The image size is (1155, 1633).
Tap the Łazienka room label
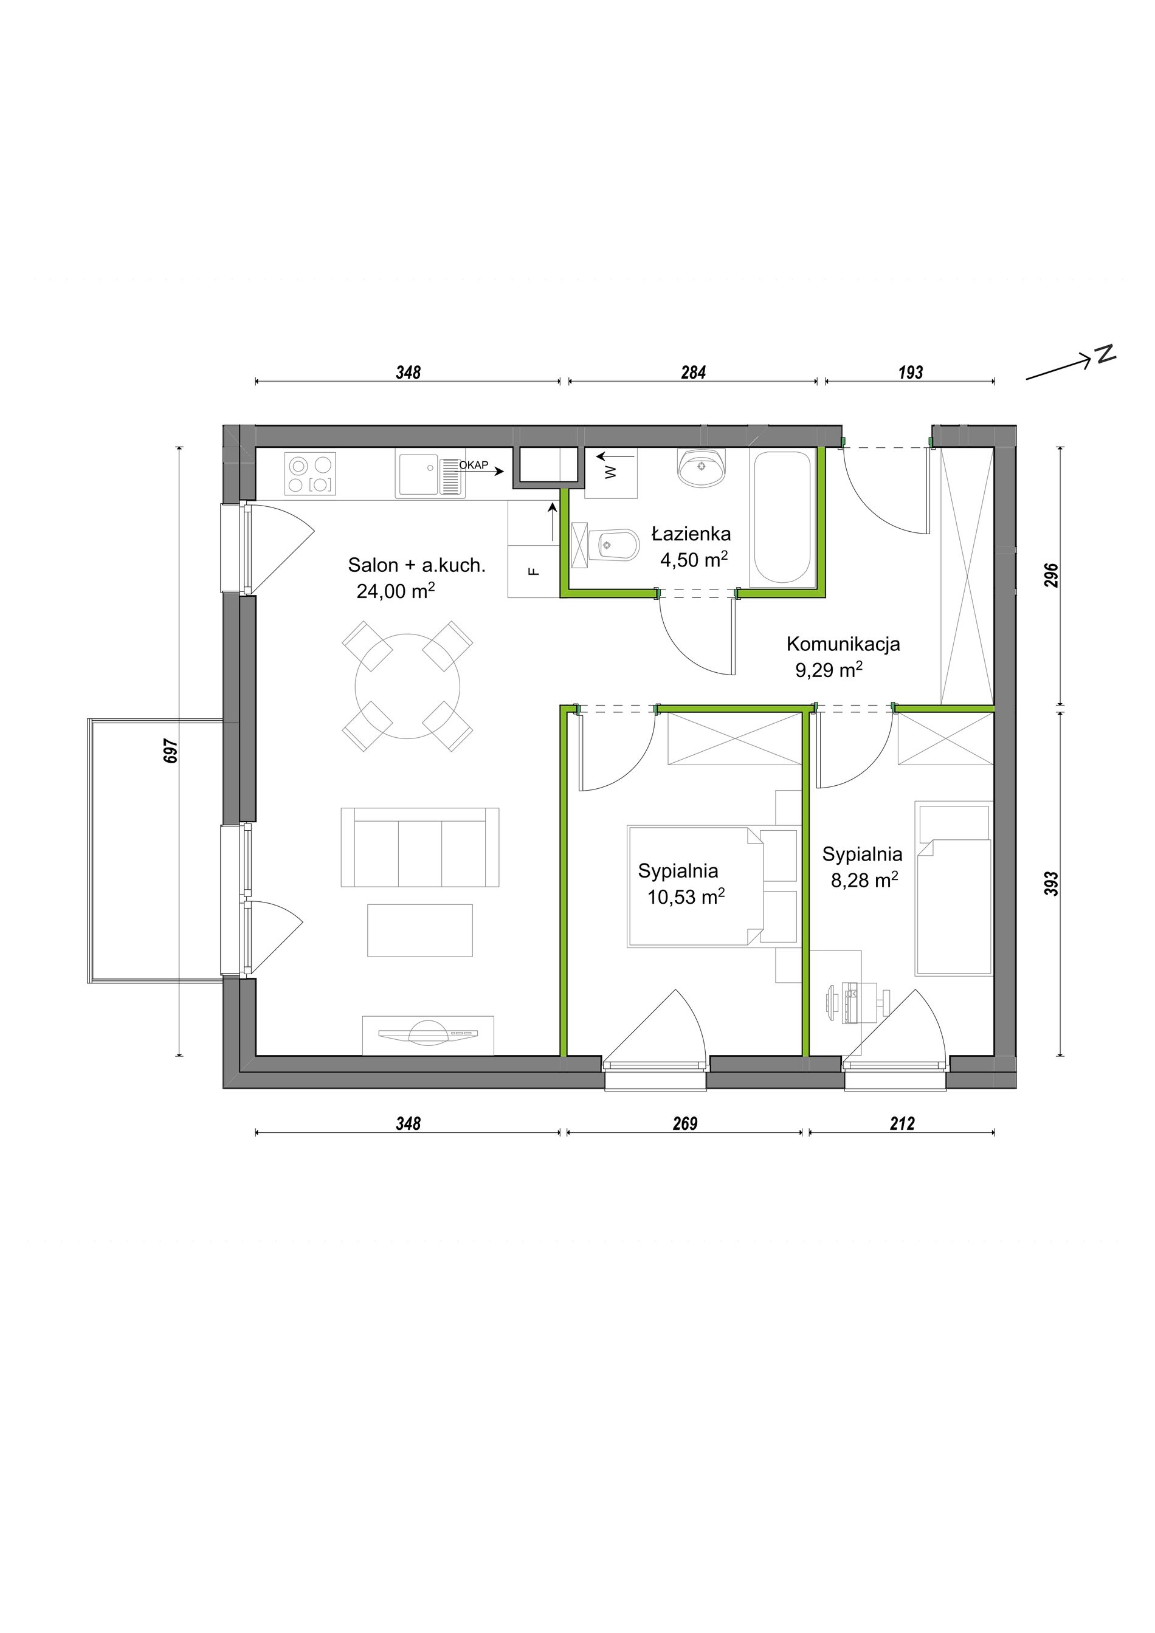691,534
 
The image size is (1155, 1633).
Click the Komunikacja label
843,644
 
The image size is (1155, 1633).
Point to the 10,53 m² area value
686,896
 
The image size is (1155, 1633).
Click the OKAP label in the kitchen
474,465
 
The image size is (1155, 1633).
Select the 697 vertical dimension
171,751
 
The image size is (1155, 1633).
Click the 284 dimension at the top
694,372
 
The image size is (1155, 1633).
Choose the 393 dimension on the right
1052,884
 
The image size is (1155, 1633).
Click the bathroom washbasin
703,467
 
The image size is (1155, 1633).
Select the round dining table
407,686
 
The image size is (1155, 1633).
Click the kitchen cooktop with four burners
310,473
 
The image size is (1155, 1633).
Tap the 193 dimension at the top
911,372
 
